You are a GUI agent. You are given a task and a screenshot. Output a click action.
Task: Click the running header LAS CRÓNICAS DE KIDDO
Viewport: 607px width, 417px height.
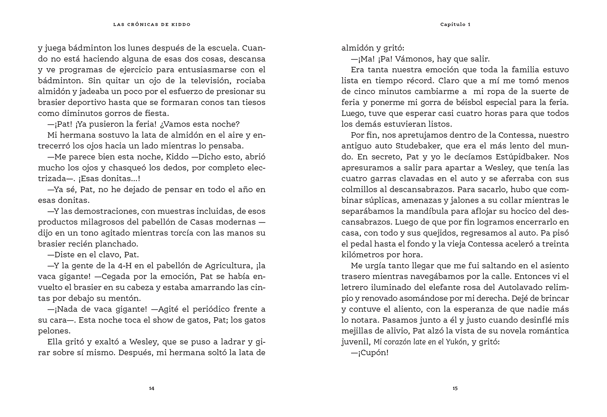tap(152, 25)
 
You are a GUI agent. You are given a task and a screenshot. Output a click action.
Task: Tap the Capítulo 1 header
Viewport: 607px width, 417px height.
tap(455, 24)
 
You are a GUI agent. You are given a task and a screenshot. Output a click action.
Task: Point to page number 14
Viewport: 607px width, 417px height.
tap(152, 389)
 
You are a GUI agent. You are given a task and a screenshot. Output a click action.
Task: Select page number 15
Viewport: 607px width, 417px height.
tap(455, 389)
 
